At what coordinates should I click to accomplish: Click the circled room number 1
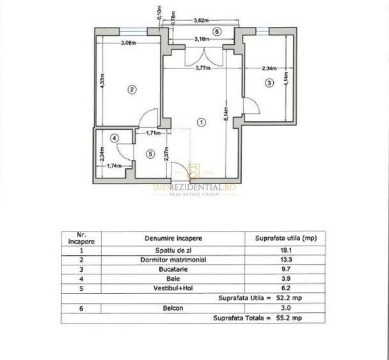[x=201, y=121]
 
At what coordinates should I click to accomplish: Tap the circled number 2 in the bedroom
[x=131, y=90]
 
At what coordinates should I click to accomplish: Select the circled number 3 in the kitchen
[x=269, y=82]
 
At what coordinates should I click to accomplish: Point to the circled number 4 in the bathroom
[x=114, y=137]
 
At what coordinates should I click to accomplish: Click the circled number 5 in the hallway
[x=149, y=153]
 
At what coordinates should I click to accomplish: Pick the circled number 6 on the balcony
[x=216, y=31]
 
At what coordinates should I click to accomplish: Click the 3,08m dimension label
[x=130, y=43]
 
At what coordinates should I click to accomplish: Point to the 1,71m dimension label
[x=153, y=133]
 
